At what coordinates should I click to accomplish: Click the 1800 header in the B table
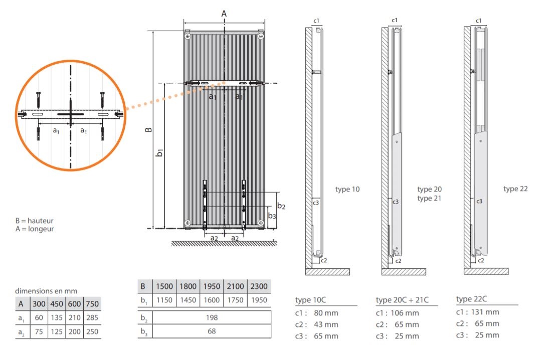pyautogui.click(x=188, y=286)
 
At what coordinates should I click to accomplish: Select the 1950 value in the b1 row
pyautogui.click(x=259, y=300)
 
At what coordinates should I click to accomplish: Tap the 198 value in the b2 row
pyautogui.click(x=212, y=317)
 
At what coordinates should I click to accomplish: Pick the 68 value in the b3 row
pyautogui.click(x=212, y=331)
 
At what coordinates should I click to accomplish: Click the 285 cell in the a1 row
pyautogui.click(x=92, y=317)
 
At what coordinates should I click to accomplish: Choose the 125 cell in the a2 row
pyautogui.click(x=57, y=331)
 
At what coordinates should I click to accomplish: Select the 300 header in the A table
pyautogui.click(x=39, y=304)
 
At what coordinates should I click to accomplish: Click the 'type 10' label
pyautogui.click(x=347, y=190)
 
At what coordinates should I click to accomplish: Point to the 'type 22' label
pyautogui.click(x=515, y=189)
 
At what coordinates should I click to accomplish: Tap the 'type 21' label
pyautogui.click(x=429, y=199)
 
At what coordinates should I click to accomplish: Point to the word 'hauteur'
pyautogui.click(x=41, y=221)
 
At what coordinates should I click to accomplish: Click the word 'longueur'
pyautogui.click(x=41, y=229)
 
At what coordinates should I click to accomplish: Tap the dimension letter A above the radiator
pyautogui.click(x=224, y=14)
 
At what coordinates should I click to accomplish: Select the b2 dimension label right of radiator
pyautogui.click(x=281, y=206)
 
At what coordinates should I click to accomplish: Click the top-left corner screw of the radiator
pyautogui.click(x=188, y=36)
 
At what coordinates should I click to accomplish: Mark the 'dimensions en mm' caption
pyautogui.click(x=46, y=291)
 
